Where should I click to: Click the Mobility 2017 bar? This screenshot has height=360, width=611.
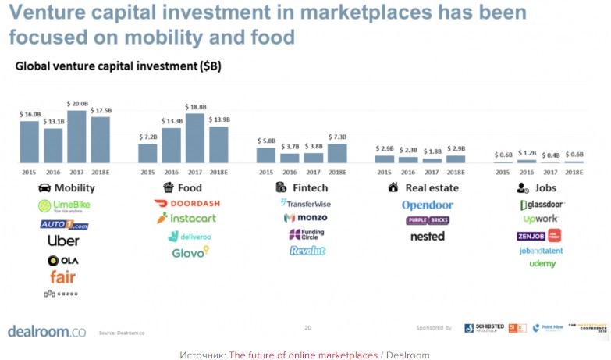click(76, 137)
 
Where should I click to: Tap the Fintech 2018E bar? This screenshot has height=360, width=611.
click(337, 154)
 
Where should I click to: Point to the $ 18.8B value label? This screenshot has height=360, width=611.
click(196, 106)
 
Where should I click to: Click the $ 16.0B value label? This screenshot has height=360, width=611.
click(30, 114)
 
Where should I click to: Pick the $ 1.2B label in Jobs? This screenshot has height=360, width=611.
click(528, 152)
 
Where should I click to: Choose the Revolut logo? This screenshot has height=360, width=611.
click(307, 251)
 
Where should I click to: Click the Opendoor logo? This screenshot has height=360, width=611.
click(427, 205)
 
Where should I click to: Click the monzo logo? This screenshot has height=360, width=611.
click(305, 218)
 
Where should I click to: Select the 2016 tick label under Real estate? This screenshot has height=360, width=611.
click(409, 171)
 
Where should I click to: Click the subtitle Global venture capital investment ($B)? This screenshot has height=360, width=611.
click(118, 67)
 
